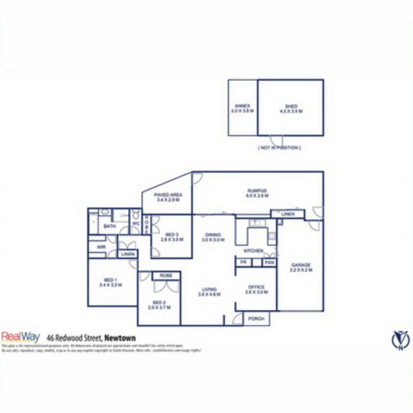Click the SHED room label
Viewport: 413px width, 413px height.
tap(291, 109)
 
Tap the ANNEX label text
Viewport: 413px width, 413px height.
tap(242, 108)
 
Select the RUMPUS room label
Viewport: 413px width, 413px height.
tap(257, 193)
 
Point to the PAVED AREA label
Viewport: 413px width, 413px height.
tap(168, 197)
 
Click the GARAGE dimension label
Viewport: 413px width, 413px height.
tap(301, 267)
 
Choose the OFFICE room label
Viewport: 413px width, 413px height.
tap(256, 289)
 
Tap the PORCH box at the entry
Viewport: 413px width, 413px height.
tap(256, 319)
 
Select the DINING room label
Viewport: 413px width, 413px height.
tap(213, 237)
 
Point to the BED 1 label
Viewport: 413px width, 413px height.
tap(110, 282)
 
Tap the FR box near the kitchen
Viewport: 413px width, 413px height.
tap(243, 263)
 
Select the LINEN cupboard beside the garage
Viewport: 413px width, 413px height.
tap(288, 214)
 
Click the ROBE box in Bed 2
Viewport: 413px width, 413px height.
tap(166, 275)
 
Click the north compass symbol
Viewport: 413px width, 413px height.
tap(400, 340)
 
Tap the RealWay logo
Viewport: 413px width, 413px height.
tap(21, 337)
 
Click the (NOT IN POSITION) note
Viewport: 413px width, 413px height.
tap(279, 148)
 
